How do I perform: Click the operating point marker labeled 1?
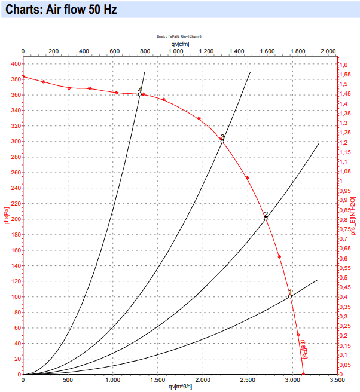pyautogui.click(x=290, y=296)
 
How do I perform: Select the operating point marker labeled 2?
pyautogui.click(x=266, y=219)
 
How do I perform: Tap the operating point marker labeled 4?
pyautogui.click(x=139, y=94)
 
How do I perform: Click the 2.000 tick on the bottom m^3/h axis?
pyautogui.click(x=203, y=379)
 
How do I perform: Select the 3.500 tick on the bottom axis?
pyautogui.click(x=337, y=379)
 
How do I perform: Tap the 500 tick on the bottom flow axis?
pyautogui.click(x=68, y=379)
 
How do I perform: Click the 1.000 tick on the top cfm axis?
pyautogui.click(x=175, y=51)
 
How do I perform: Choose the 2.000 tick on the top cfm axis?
pyautogui.click(x=328, y=51)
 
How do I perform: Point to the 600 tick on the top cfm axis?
pyautogui.click(x=114, y=51)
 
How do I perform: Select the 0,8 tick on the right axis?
pyautogui.click(x=344, y=219)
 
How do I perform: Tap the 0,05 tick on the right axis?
pyautogui.click(x=346, y=365)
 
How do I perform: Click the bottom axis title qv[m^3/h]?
pyautogui.click(x=180, y=387)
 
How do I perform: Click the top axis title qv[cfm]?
pyautogui.click(x=180, y=44)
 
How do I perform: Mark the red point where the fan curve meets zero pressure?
pyautogui.click(x=304, y=374)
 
